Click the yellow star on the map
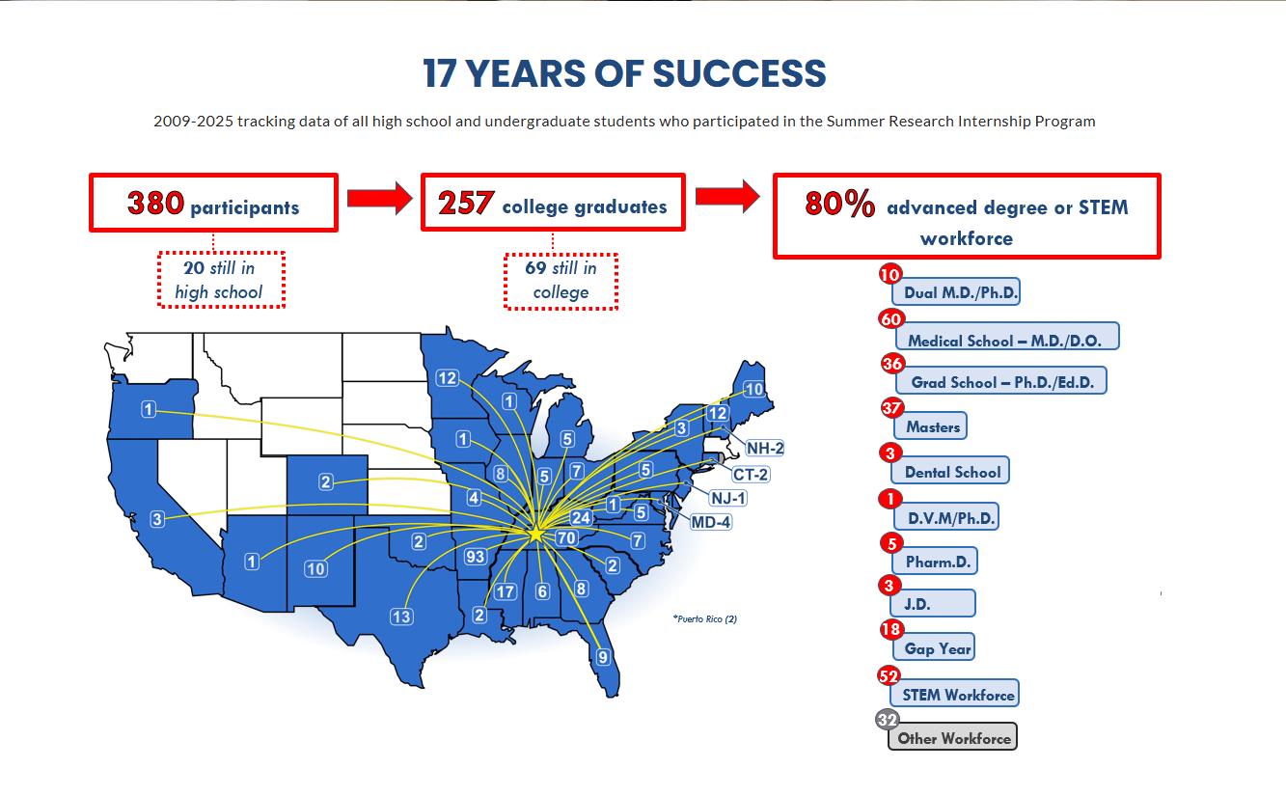tap(536, 534)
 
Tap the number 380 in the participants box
tap(155, 203)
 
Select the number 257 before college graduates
tap(467, 203)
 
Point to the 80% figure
tap(840, 204)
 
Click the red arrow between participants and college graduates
tap(378, 198)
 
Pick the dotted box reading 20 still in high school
tap(221, 280)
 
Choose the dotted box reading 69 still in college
tap(561, 281)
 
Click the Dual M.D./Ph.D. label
tap(960, 292)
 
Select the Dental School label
tap(952, 472)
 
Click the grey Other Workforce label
tap(953, 738)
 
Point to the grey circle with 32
tap(887, 720)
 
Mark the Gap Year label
tap(937, 648)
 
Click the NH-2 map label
tap(764, 448)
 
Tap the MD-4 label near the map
tap(711, 522)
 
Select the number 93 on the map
tap(475, 557)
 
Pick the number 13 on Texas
tap(401, 617)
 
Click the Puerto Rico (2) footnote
tap(705, 618)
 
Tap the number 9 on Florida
tap(604, 658)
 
